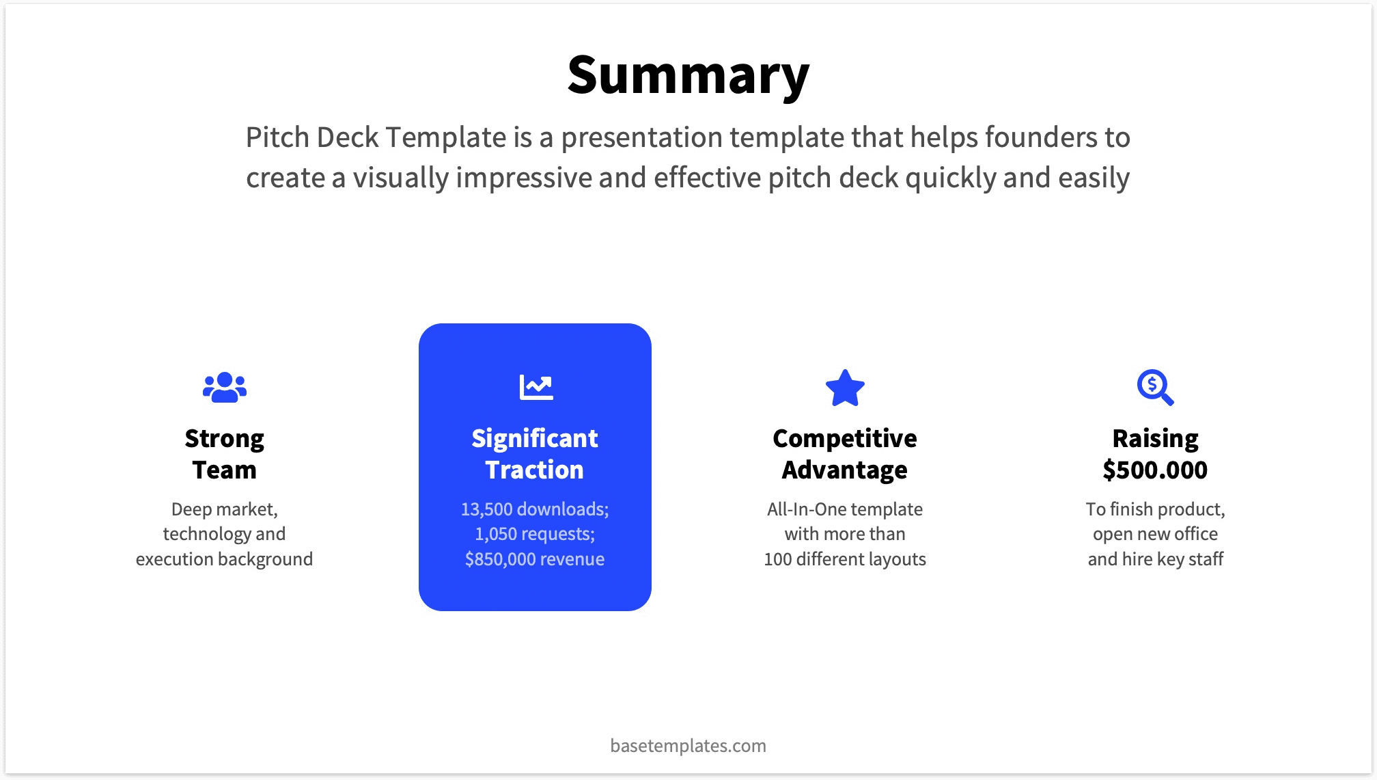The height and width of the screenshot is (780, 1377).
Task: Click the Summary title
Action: point(688,75)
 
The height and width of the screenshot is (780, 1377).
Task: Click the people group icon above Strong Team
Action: point(224,388)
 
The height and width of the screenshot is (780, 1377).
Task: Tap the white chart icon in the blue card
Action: point(535,387)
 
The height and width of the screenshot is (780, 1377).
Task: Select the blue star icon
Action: point(845,388)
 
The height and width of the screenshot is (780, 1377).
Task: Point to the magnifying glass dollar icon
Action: point(1155,388)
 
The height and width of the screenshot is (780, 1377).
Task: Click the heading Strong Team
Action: point(224,454)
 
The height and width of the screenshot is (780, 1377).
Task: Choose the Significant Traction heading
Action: point(535,454)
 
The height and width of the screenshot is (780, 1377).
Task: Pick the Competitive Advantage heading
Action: point(845,454)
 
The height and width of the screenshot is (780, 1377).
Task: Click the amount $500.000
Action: point(1155,470)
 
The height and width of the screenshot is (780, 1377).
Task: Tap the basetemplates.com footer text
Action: point(688,745)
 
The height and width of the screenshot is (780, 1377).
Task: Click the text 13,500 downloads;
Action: point(535,509)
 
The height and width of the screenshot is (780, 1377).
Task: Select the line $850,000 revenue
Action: point(535,559)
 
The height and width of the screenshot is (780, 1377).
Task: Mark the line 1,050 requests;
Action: point(535,534)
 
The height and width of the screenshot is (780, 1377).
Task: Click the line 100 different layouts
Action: point(845,559)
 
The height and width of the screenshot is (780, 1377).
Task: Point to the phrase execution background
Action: point(224,559)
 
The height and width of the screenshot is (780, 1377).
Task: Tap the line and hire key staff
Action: point(1155,559)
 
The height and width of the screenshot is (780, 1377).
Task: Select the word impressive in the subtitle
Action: point(525,178)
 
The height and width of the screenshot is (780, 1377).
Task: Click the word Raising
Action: point(1155,438)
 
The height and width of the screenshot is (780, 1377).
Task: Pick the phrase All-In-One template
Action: point(845,509)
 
